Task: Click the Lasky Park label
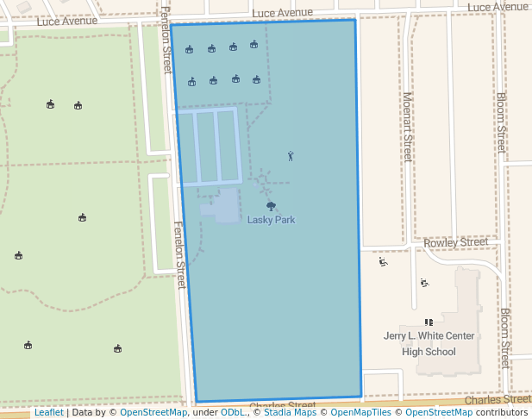click(x=271, y=220)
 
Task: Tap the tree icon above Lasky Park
click(x=271, y=206)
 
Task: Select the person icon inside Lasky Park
click(x=291, y=156)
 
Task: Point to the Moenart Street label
click(x=407, y=128)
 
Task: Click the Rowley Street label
click(x=456, y=243)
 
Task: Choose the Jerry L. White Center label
click(x=429, y=336)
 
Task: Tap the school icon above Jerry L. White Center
click(x=429, y=322)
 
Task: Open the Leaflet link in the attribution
click(x=48, y=413)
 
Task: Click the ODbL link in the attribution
click(x=233, y=413)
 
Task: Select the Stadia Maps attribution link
click(x=289, y=413)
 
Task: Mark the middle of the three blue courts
click(x=206, y=147)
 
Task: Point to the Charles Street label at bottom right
click(x=498, y=400)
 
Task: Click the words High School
click(x=429, y=352)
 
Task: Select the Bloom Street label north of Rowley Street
click(x=501, y=122)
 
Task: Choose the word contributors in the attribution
click(x=502, y=413)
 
